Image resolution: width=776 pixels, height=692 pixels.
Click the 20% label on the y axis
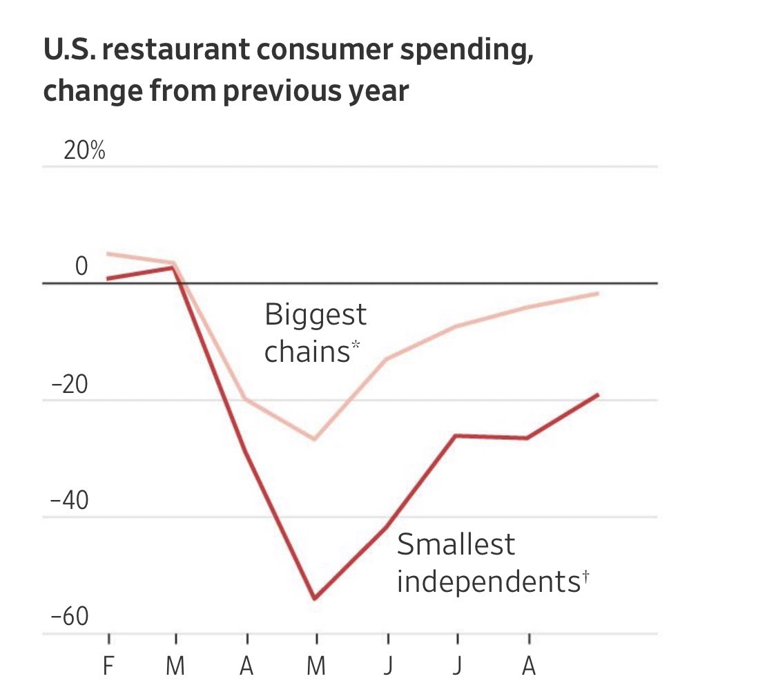pyautogui.click(x=84, y=152)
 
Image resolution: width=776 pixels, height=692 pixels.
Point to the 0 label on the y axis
pyautogui.click(x=81, y=267)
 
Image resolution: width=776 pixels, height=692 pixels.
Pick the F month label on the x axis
pyautogui.click(x=108, y=667)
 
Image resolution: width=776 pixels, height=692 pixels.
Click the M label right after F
pyautogui.click(x=176, y=667)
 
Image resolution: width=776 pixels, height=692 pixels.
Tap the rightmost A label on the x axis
pyautogui.click(x=529, y=667)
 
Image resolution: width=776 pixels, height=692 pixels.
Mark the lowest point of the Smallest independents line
pyautogui.click(x=315, y=598)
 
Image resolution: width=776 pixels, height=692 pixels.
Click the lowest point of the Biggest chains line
pyautogui.click(x=315, y=439)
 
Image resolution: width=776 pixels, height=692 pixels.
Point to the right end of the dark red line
pyautogui.click(x=598, y=394)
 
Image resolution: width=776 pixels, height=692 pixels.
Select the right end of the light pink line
pyautogui.click(x=598, y=294)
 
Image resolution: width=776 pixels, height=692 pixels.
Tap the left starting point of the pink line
pyautogui.click(x=108, y=253)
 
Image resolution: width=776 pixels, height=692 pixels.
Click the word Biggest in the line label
pyautogui.click(x=316, y=316)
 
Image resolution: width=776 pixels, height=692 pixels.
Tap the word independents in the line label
pyautogui.click(x=486, y=582)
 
